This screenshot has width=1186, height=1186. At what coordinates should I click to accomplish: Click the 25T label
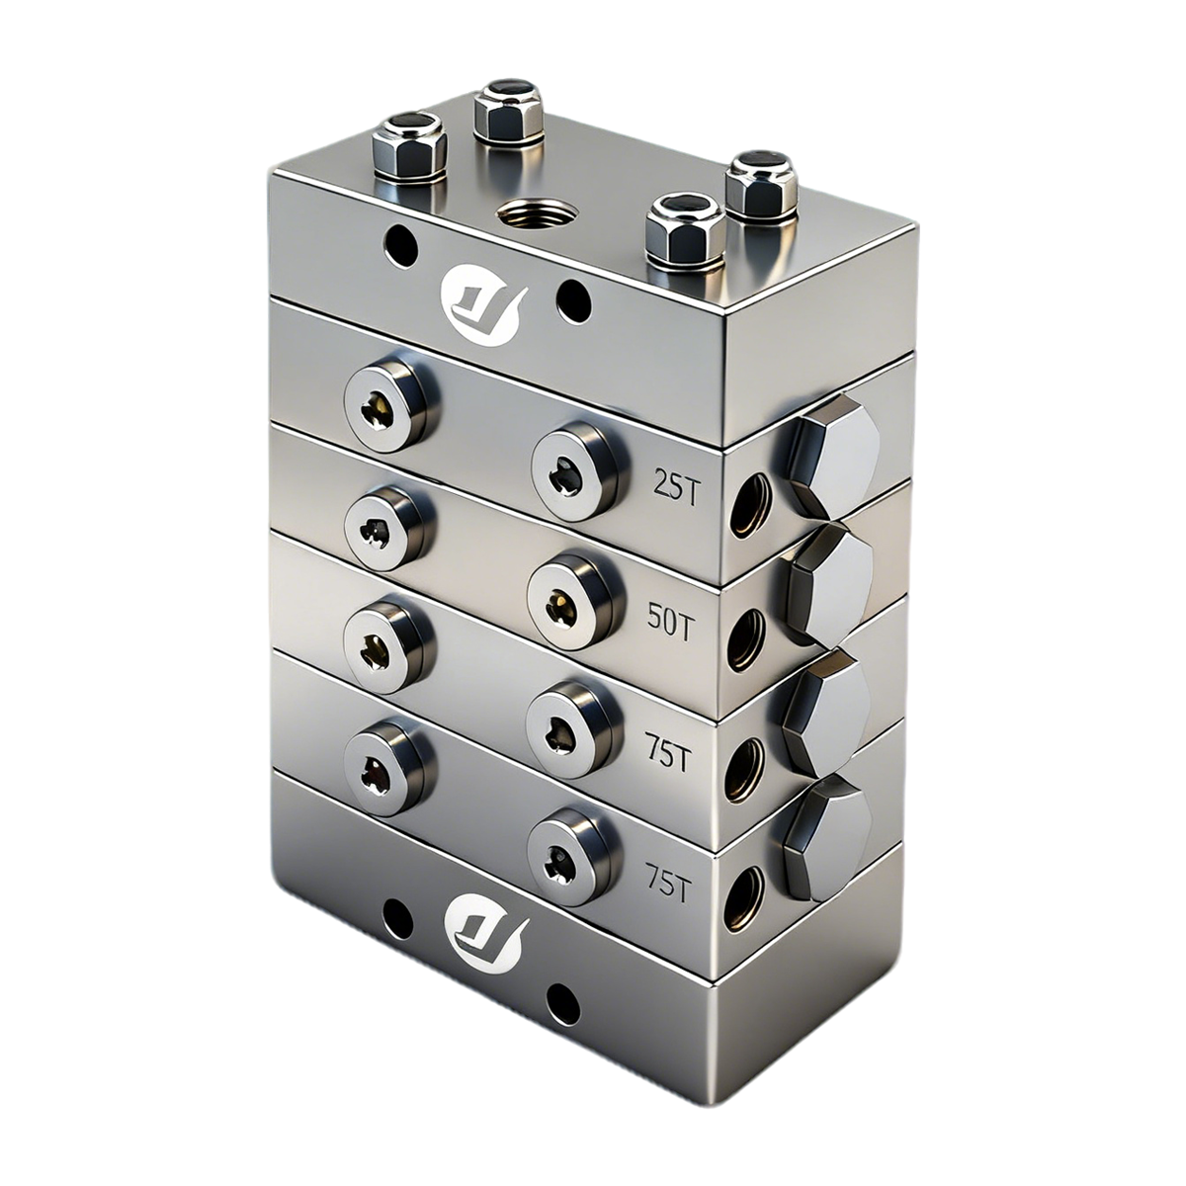pyautogui.click(x=676, y=488)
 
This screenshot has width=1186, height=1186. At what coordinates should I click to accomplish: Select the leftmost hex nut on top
pyautogui.click(x=407, y=147)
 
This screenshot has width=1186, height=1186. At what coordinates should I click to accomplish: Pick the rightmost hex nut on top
pyautogui.click(x=761, y=184)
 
